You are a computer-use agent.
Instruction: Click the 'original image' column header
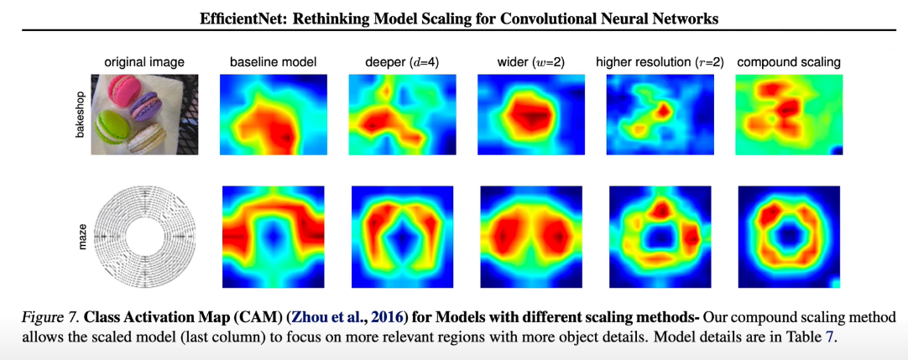(x=144, y=62)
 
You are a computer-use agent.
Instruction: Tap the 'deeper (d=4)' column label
(x=401, y=62)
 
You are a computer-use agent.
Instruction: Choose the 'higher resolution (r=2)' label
(x=660, y=62)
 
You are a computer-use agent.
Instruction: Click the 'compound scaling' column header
(x=788, y=62)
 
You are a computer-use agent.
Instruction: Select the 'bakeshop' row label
(x=82, y=115)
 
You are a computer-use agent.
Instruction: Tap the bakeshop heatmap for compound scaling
(x=788, y=114)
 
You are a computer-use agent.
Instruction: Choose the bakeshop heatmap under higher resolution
(x=660, y=114)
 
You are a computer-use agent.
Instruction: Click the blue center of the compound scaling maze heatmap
(x=787, y=237)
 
